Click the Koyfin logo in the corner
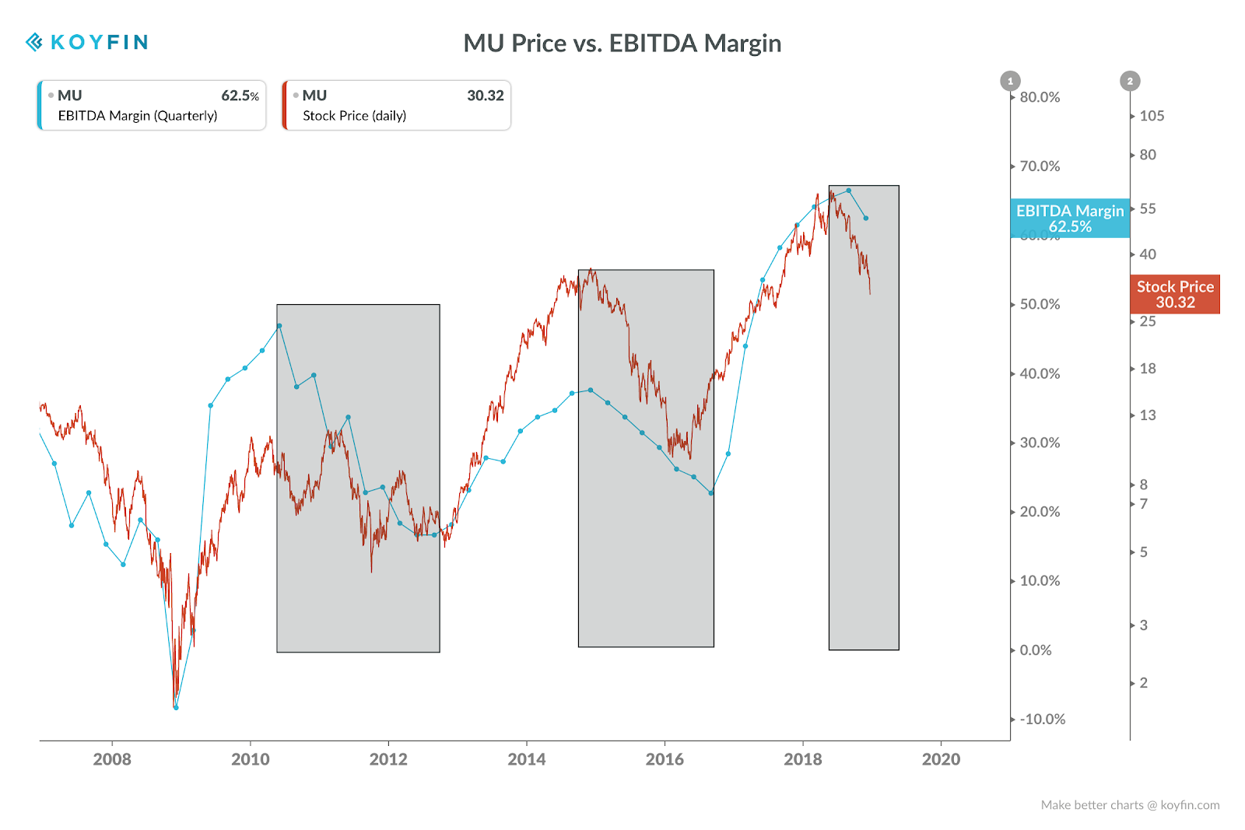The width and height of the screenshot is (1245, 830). tap(86, 42)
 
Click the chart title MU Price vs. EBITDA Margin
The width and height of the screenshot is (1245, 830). tap(622, 44)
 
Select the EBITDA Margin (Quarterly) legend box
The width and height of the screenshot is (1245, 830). tap(152, 105)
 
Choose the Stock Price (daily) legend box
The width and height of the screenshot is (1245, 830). tap(396, 105)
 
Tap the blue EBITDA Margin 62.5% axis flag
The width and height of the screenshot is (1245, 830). tap(1070, 219)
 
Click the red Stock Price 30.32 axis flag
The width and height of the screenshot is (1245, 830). tap(1175, 295)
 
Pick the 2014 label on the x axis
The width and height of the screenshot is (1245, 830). tap(526, 759)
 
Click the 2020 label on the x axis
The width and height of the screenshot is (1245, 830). tap(941, 759)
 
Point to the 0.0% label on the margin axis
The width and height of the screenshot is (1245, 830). tap(1036, 650)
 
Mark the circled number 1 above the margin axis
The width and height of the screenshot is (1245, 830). tap(1011, 81)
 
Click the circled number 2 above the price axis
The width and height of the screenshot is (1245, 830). tap(1130, 81)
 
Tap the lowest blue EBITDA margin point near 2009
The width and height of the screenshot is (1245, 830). tap(176, 707)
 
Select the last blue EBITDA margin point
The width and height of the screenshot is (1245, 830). tap(866, 219)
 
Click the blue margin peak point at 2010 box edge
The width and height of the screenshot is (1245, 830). tap(279, 326)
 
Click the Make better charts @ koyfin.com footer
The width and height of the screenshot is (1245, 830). tap(1130, 805)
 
